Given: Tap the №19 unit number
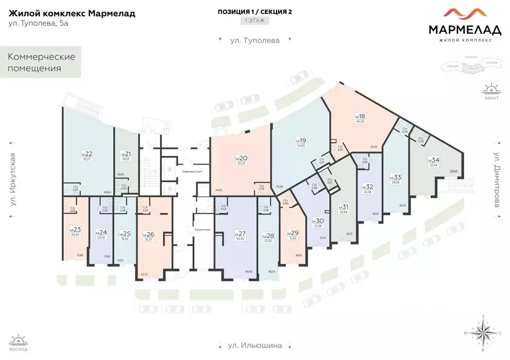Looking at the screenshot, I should pyautogui.click(x=300, y=140).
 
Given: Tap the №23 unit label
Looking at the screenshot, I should pyautogui.click(x=75, y=230).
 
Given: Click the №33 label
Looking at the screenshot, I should pyautogui.click(x=396, y=177).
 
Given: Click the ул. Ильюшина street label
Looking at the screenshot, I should pyautogui.click(x=255, y=345).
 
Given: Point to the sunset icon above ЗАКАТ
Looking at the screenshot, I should pyautogui.click(x=491, y=89).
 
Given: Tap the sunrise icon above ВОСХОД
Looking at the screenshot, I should pyautogui.click(x=19, y=341).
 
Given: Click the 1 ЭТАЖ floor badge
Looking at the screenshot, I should pyautogui.click(x=255, y=21).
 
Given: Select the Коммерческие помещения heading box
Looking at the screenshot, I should pyautogui.click(x=41, y=62).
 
